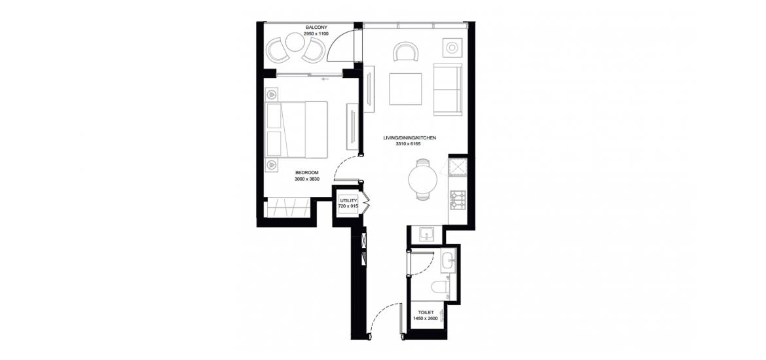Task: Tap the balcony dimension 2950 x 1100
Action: point(316,34)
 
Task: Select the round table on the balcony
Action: point(295,42)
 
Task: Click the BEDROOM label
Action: point(307,172)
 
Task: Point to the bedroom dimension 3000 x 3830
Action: point(306,179)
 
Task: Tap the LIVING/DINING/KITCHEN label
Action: point(409,138)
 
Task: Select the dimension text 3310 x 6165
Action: point(409,145)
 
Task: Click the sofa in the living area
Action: point(448,90)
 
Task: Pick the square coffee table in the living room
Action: point(405,89)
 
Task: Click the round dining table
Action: point(423,179)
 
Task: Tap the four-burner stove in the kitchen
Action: point(459,199)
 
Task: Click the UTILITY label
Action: point(349,200)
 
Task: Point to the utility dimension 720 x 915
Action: point(349,207)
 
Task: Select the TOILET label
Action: point(425,312)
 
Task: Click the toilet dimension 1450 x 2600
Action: point(425,318)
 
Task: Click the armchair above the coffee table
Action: point(405,51)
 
